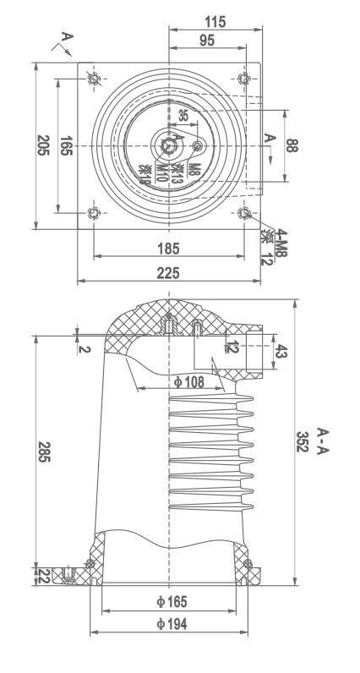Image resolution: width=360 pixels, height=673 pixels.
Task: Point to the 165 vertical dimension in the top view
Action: (65, 145)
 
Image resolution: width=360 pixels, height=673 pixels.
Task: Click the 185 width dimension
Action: (168, 249)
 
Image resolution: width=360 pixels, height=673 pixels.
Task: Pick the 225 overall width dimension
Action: (168, 274)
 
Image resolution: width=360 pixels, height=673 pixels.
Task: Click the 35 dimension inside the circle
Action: (183, 116)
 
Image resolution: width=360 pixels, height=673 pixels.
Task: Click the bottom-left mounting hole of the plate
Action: (93, 212)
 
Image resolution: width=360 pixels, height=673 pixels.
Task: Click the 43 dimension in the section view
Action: (282, 351)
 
